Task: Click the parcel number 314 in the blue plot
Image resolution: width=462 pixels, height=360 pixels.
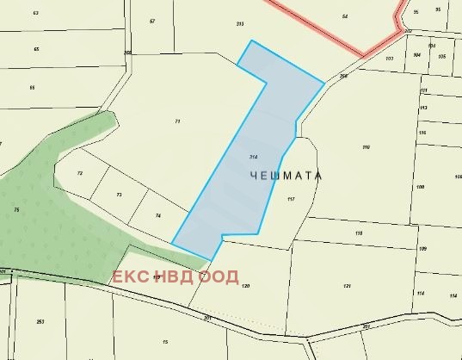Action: point(253,157)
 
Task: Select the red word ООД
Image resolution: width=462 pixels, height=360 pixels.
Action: point(219,277)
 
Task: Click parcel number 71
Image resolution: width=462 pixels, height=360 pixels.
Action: point(177,121)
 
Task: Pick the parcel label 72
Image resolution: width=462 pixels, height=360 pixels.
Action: point(80,174)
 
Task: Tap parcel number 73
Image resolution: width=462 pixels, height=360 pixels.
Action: point(119,196)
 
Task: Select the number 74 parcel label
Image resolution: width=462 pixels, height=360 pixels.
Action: point(157,215)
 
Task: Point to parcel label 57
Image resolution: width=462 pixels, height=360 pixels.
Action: point(152,21)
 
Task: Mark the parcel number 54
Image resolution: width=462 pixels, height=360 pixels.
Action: point(344,16)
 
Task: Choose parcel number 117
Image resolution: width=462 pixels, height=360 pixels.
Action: point(291,199)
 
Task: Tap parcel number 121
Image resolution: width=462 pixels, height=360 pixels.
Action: point(347,286)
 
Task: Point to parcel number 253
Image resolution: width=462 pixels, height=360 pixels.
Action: point(40,322)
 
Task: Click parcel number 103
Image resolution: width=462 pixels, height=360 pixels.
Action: point(389,59)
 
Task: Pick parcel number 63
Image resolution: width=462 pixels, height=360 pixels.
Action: point(36,14)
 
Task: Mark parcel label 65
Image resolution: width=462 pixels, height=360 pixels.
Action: point(36,49)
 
